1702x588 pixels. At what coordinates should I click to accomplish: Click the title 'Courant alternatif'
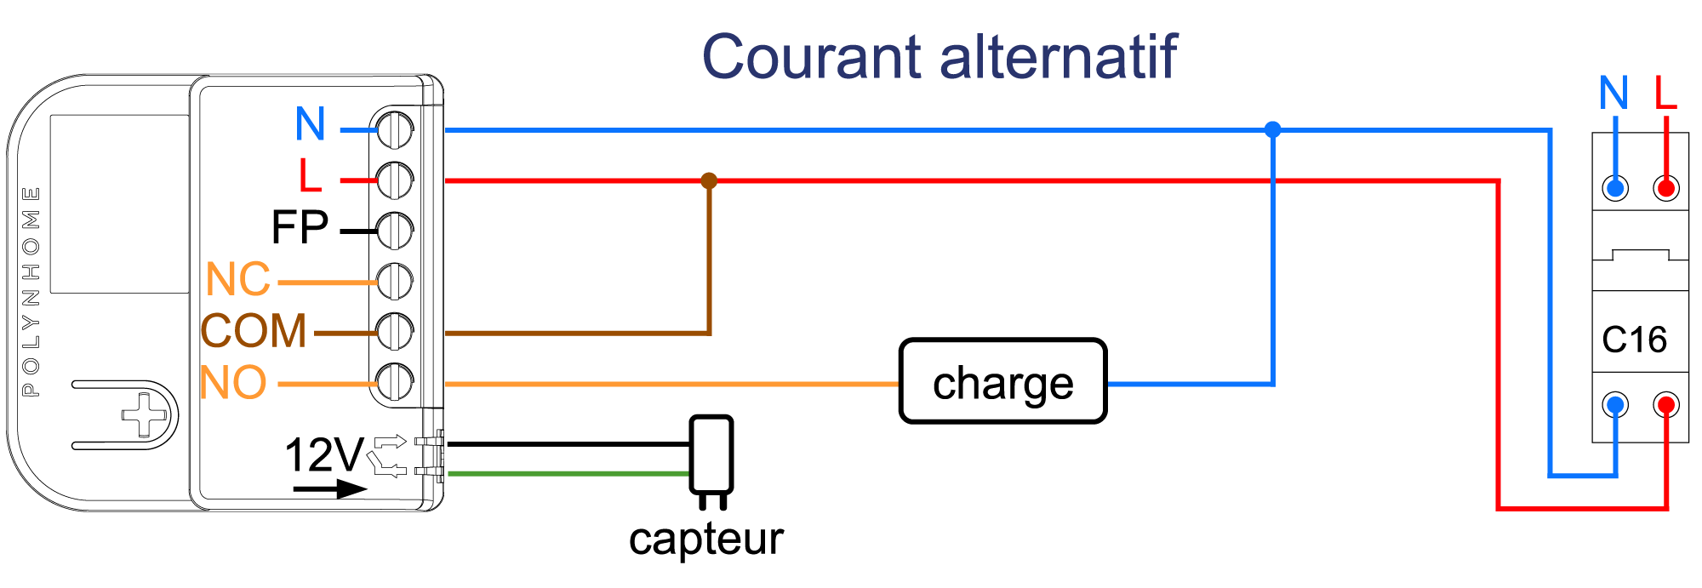click(x=939, y=57)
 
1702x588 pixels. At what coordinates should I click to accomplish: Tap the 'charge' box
click(x=1003, y=381)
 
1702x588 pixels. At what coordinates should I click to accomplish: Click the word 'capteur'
click(x=706, y=539)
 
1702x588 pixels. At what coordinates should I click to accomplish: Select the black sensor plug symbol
click(x=711, y=460)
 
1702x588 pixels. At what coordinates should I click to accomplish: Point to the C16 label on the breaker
click(x=1634, y=340)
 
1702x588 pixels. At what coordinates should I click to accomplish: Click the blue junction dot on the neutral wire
click(x=1272, y=129)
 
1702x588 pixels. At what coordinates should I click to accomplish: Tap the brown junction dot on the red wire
click(x=709, y=180)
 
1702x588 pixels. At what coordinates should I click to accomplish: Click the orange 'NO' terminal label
click(x=233, y=383)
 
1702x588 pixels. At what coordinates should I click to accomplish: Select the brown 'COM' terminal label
click(x=254, y=331)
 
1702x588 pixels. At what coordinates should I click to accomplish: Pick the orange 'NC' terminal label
click(x=238, y=279)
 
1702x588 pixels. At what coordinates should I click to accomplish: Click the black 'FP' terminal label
click(x=300, y=227)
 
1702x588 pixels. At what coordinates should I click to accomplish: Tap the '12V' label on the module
click(x=324, y=454)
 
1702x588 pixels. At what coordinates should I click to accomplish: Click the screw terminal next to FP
click(x=395, y=230)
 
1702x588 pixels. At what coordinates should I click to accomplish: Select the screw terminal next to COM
click(x=395, y=332)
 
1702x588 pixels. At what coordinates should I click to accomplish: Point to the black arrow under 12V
click(x=330, y=489)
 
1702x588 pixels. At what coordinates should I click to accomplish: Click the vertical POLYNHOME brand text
click(x=31, y=292)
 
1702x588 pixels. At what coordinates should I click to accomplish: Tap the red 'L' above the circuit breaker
click(x=1665, y=92)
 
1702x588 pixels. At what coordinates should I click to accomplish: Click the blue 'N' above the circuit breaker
click(x=1613, y=92)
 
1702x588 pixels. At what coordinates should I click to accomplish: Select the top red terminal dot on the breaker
click(x=1666, y=188)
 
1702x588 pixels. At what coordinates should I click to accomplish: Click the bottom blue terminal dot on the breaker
click(x=1615, y=405)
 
